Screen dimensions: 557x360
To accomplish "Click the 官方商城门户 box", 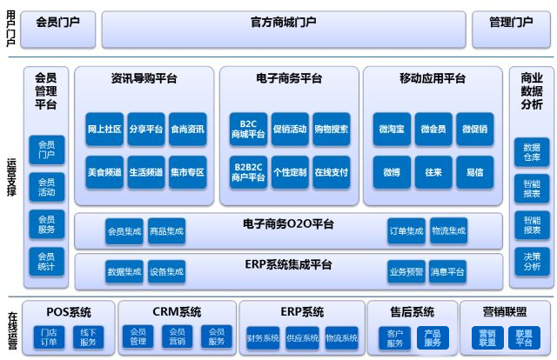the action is (x=284, y=29).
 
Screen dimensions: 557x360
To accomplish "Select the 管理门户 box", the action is (x=511, y=29).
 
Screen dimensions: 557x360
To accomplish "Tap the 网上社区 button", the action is (x=104, y=130).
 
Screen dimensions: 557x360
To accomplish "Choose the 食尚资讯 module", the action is (x=188, y=130).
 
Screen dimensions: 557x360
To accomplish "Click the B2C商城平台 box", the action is (x=248, y=130).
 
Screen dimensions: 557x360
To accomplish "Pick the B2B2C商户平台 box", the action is (x=248, y=172).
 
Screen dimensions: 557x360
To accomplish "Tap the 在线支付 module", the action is (x=332, y=172).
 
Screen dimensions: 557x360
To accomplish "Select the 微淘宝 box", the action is (x=392, y=130).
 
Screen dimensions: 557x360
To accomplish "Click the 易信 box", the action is (x=475, y=172).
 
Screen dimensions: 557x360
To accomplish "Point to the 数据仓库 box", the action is (x=532, y=152).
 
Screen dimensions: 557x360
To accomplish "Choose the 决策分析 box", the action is (x=532, y=262).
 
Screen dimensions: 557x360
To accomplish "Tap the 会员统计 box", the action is (x=46, y=262).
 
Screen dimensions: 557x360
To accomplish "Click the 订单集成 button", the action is (x=406, y=231).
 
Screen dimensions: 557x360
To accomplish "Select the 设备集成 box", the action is (x=166, y=271).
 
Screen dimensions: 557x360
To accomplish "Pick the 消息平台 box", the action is (x=447, y=271).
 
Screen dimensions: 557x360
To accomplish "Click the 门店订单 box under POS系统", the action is (x=49, y=337).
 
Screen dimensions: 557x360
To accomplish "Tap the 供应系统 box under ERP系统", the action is (x=303, y=337).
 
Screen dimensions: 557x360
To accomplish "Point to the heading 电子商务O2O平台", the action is (x=288, y=224).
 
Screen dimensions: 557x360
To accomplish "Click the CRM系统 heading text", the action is (x=177, y=311).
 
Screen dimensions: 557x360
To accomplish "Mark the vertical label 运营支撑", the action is (x=11, y=177).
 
